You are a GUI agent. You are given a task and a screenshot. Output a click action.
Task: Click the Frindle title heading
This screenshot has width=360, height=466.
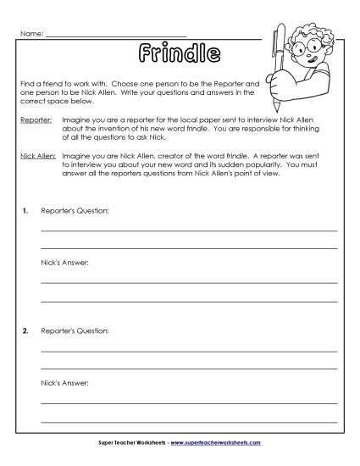click(179, 55)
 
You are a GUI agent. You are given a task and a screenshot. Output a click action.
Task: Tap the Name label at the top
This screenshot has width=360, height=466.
click(30, 33)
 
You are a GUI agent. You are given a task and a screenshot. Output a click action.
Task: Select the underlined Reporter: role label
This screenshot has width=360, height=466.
click(35, 121)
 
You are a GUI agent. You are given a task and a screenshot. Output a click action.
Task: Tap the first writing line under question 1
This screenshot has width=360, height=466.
click(189, 230)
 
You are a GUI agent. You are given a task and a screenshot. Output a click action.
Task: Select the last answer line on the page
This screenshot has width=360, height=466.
click(189, 421)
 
